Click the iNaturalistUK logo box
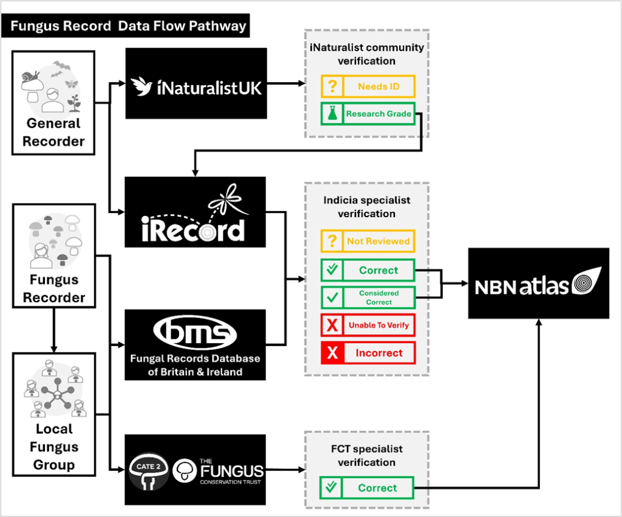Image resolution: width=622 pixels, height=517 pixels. [x=196, y=83]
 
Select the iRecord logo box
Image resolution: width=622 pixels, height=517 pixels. [x=196, y=212]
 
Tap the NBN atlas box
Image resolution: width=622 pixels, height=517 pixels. [x=538, y=283]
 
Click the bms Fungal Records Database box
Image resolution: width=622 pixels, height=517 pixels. [x=196, y=345]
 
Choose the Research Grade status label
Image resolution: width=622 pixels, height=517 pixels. [x=378, y=114]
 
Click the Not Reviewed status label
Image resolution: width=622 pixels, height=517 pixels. [x=378, y=241]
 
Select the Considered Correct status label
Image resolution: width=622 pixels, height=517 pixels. [x=378, y=297]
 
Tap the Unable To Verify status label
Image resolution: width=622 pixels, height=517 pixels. [x=378, y=325]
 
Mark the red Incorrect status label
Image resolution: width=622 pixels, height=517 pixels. [x=378, y=353]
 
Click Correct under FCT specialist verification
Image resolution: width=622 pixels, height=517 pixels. [x=377, y=488]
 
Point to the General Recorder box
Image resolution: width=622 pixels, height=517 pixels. [x=53, y=102]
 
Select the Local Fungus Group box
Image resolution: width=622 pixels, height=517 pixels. [x=54, y=414]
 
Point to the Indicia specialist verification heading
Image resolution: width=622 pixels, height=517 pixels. [x=366, y=207]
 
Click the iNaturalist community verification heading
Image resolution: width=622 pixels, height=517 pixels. [x=366, y=54]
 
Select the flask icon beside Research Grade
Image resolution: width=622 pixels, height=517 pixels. [x=332, y=114]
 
